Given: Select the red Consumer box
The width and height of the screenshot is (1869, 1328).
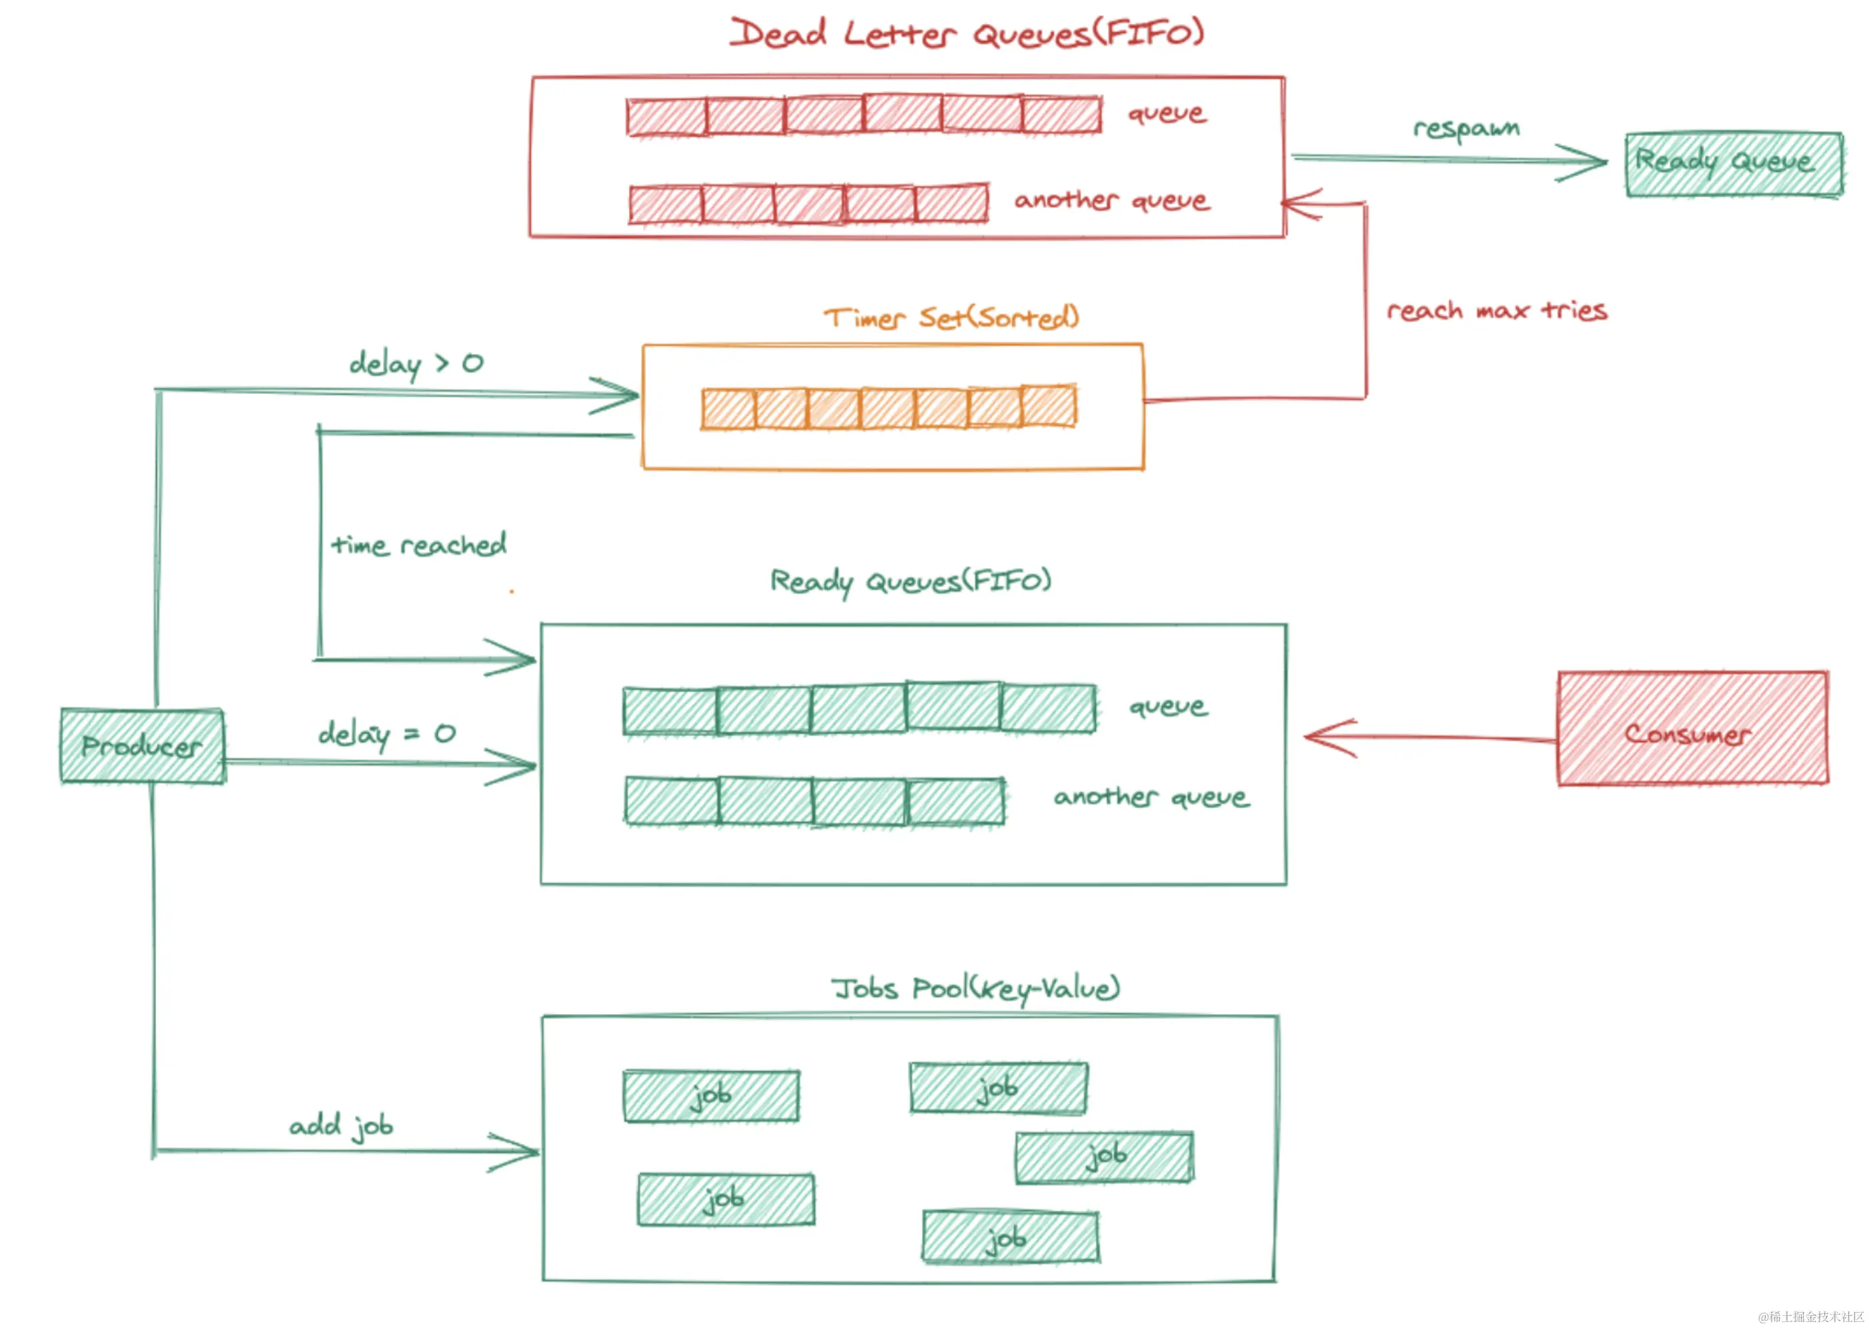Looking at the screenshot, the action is click(1692, 729).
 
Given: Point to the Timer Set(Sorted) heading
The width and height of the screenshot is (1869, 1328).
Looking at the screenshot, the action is click(951, 317).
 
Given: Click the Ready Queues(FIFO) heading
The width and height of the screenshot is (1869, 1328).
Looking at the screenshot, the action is click(910, 581).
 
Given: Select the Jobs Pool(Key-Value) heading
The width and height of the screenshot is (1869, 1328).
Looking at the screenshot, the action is click(976, 989).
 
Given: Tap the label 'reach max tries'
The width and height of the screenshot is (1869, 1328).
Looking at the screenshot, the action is click(1497, 311).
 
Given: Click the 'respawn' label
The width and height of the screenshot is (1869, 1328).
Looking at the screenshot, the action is click(1467, 129).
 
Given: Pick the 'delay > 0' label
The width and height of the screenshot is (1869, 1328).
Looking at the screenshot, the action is click(416, 364).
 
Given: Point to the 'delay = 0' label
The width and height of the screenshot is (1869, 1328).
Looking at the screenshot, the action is click(387, 734).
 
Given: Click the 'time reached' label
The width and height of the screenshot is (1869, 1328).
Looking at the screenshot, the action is click(419, 545).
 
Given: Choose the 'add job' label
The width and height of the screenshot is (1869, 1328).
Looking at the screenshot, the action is click(341, 1127).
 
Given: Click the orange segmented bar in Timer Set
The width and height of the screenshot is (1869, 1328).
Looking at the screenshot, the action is click(889, 407).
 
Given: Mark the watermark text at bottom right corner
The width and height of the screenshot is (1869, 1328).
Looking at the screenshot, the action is click(1811, 1317).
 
